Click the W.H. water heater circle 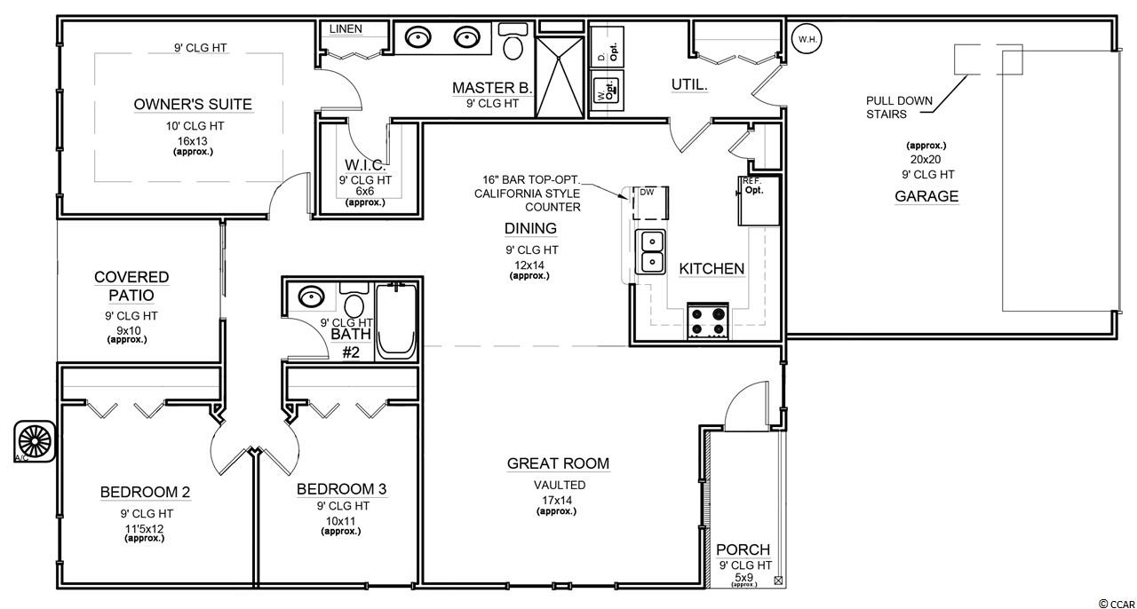807,39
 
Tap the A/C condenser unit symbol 35,441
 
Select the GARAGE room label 926,196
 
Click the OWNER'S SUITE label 193,105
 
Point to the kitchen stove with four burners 708,321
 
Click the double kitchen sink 650,252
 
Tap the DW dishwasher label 647,193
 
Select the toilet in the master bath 513,41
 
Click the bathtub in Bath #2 396,320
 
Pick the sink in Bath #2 311,297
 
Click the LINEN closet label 346,29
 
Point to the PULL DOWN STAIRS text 899,107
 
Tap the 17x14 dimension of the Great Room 557,500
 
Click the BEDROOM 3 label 342,489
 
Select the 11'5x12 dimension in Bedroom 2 145,529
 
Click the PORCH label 743,550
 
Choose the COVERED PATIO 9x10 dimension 129,331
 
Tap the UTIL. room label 689,84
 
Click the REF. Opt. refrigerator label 752,186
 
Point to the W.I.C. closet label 365,164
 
